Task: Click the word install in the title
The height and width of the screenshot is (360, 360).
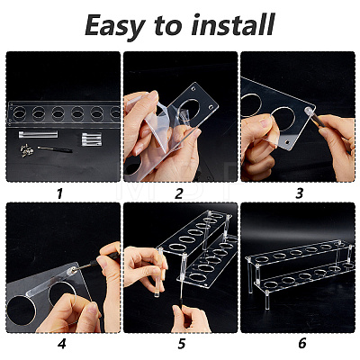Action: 233,24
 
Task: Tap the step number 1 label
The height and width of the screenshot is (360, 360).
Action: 59,193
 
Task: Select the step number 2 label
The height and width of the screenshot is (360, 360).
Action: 179,193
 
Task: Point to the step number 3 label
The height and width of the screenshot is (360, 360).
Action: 299,193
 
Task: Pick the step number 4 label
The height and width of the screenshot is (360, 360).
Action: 62,343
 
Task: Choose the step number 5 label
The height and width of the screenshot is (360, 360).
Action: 181,343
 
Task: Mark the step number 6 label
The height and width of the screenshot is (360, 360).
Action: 302,343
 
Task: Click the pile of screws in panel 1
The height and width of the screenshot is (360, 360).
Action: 26,150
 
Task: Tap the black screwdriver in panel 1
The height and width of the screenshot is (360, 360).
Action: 55,149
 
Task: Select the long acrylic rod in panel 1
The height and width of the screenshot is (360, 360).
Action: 38,134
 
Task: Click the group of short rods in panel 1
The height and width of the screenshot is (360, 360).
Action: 92,139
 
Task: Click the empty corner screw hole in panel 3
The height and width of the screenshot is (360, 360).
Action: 288,141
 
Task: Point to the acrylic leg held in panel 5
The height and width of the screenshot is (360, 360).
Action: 159,273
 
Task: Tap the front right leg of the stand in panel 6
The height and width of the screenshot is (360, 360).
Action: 267,301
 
